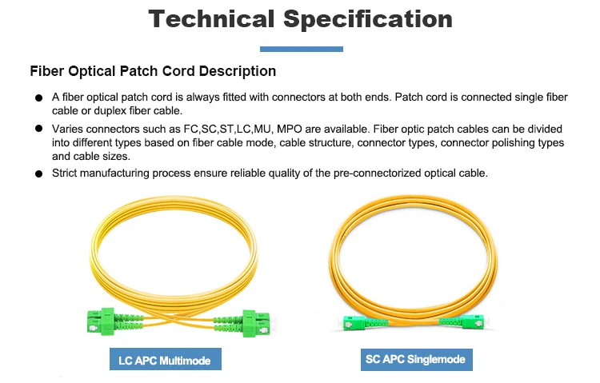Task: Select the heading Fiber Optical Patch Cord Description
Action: [153, 71]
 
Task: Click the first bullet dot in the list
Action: [38, 98]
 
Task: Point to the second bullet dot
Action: [38, 129]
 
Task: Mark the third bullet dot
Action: [38, 174]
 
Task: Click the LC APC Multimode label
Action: [164, 361]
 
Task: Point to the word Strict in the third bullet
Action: [66, 173]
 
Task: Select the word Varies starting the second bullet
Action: [69, 129]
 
